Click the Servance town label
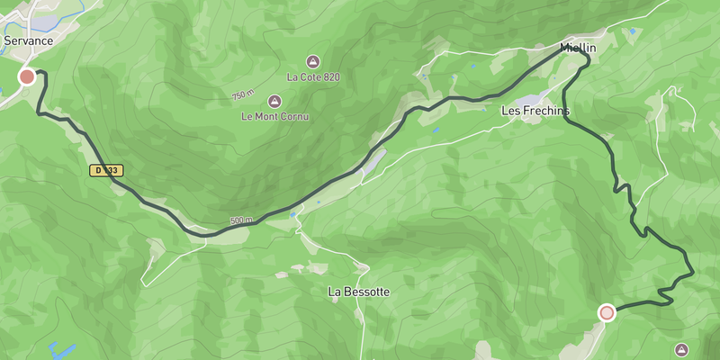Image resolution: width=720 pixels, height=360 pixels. pyautogui.click(x=29, y=40)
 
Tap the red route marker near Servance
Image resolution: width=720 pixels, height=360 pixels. pyautogui.click(x=27, y=76)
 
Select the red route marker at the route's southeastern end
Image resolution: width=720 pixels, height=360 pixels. pyautogui.click(x=607, y=312)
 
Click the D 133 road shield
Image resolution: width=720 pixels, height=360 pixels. pyautogui.click(x=105, y=169)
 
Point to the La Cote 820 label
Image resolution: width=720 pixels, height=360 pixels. pyautogui.click(x=312, y=77)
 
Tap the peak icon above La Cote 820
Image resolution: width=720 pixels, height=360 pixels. pyautogui.click(x=312, y=61)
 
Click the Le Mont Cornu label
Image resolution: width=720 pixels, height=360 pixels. pyautogui.click(x=274, y=116)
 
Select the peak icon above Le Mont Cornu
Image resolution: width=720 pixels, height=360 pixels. pyautogui.click(x=274, y=100)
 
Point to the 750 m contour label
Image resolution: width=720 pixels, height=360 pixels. pyautogui.click(x=243, y=94)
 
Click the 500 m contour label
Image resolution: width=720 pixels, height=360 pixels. pyautogui.click(x=241, y=220)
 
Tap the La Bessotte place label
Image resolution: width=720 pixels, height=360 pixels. pyautogui.click(x=359, y=292)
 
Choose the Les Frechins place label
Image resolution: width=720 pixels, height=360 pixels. pyautogui.click(x=535, y=111)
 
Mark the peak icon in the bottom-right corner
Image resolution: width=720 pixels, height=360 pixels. pyautogui.click(x=681, y=349)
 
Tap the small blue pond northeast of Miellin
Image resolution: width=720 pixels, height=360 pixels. pyautogui.click(x=633, y=32)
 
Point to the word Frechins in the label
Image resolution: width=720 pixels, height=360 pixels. pyautogui.click(x=545, y=111)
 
